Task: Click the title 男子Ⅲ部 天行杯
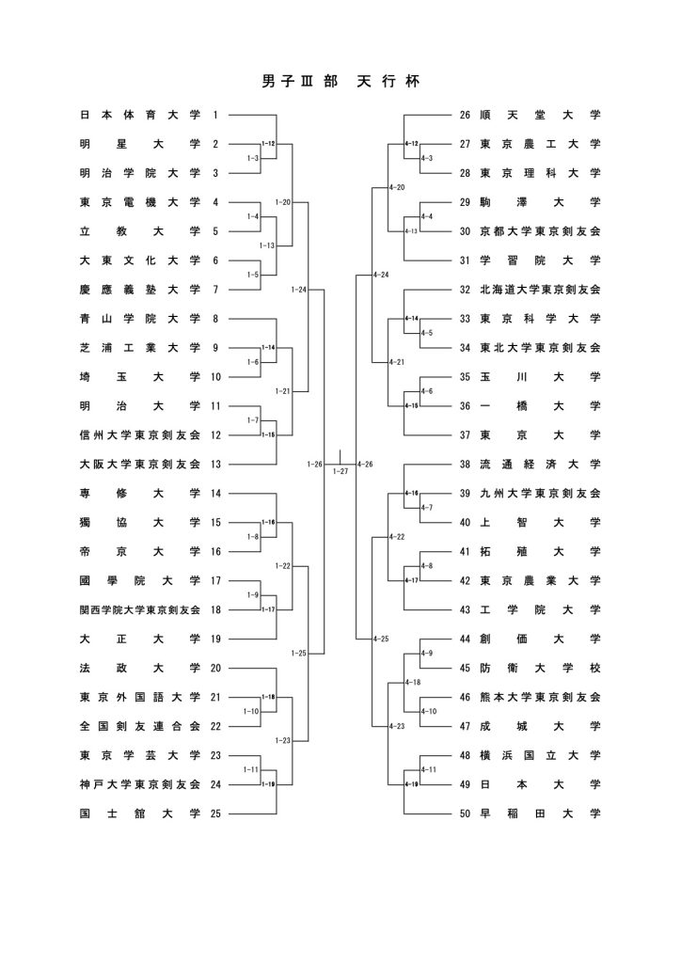340,83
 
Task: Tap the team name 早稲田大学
539,813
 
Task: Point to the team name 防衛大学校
539,669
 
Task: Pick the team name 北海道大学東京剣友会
539,290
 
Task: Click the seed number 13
215,465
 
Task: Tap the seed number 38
465,465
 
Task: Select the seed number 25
215,813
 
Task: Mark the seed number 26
465,116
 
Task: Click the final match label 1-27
340,471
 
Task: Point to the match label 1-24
299,290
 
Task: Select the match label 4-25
380,639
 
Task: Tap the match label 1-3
252,159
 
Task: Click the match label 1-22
283,566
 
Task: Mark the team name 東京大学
539,435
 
